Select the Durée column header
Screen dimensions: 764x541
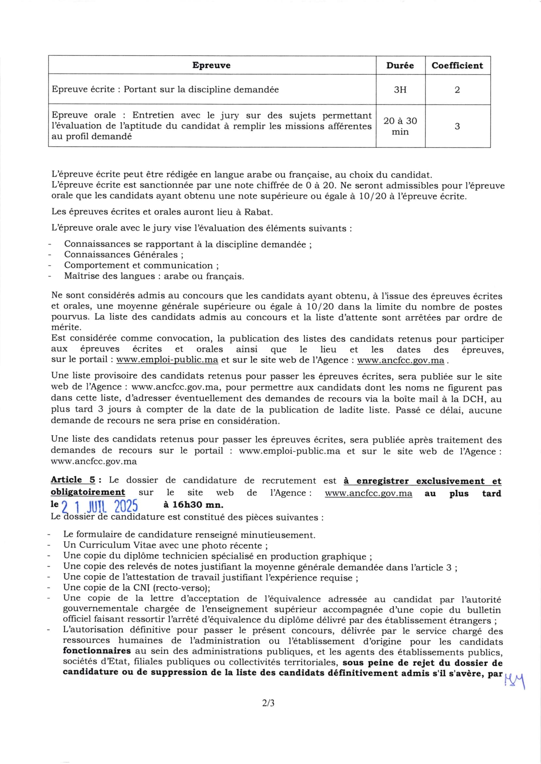pyautogui.click(x=400, y=65)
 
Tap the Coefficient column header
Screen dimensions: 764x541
pyautogui.click(x=457, y=65)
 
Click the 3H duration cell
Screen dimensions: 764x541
pyautogui.click(x=400, y=89)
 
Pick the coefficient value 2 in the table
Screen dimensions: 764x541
pyautogui.click(x=457, y=89)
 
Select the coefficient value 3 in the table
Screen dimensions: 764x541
pyautogui.click(x=457, y=126)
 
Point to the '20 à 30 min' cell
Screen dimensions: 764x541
pyautogui.click(x=400, y=126)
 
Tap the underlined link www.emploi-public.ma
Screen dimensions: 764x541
pyautogui.click(x=167, y=360)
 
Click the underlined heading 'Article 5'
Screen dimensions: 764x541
pyautogui.click(x=73, y=480)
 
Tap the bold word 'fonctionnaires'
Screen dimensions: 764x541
pyautogui.click(x=97, y=651)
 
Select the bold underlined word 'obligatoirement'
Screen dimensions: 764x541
pyautogui.click(x=88, y=492)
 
